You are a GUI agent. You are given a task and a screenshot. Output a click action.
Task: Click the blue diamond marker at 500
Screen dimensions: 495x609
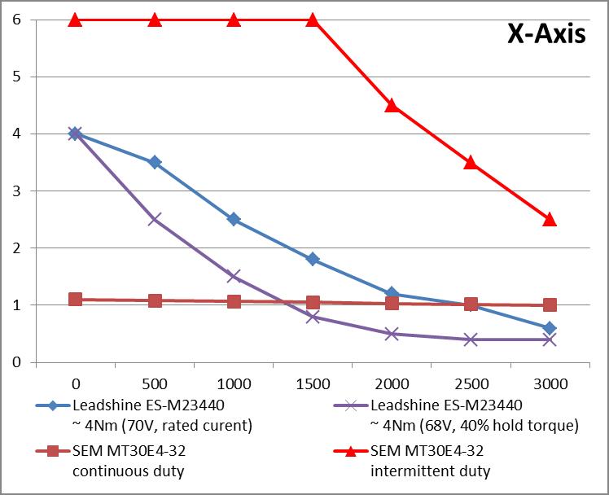[155, 162]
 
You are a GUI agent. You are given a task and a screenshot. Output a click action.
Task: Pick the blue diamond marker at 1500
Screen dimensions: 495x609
[313, 259]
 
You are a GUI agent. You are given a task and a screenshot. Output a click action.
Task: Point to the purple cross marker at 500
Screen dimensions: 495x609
[155, 219]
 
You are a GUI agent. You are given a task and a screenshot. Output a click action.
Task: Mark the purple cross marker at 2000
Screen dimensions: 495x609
[392, 333]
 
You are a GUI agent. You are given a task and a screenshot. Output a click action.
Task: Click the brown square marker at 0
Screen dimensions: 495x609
[76, 299]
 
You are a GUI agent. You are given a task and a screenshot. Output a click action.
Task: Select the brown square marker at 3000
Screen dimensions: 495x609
[550, 304]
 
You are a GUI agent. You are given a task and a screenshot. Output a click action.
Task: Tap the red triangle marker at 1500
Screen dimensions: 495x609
[313, 20]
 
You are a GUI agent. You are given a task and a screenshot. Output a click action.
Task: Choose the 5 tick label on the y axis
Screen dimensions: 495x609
[16, 77]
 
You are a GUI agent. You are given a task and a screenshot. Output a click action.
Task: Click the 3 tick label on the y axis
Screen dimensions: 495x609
[16, 191]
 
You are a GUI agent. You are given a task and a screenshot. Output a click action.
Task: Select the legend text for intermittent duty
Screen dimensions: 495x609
[430, 471]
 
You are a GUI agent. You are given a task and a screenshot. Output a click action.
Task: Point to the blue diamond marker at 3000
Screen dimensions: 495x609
[550, 328]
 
